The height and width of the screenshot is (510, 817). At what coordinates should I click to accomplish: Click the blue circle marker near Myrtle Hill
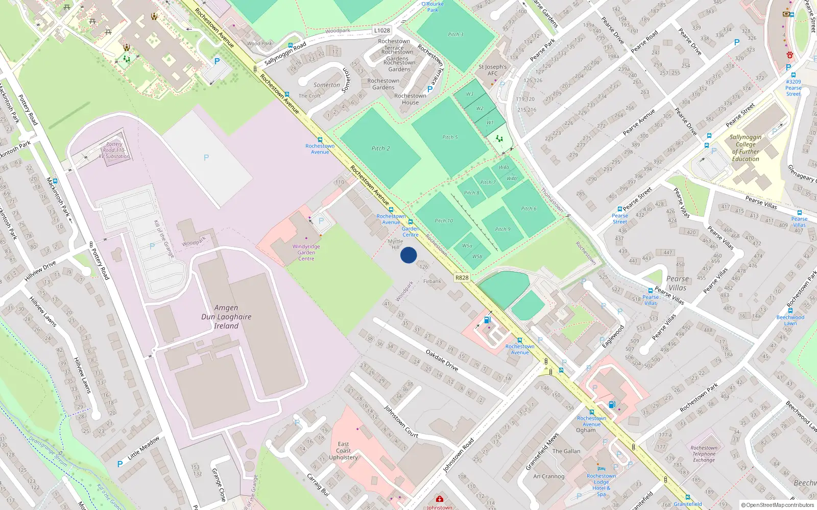408,255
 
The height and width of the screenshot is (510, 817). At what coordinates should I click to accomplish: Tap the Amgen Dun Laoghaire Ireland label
226,317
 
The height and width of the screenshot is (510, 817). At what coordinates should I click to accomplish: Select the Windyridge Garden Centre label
306,252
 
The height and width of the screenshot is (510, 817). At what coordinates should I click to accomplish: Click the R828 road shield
462,278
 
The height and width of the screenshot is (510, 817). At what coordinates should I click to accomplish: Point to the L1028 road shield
382,31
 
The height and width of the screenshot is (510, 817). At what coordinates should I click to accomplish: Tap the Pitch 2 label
380,148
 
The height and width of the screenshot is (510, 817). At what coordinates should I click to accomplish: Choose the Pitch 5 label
450,137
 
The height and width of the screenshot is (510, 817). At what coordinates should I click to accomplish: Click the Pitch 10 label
444,221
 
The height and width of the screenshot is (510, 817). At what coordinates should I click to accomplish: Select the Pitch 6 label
528,209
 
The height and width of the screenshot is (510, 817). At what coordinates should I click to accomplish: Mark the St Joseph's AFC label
493,70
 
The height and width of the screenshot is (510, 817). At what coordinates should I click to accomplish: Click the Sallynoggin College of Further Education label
746,148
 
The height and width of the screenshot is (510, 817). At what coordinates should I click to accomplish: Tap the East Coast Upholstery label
343,451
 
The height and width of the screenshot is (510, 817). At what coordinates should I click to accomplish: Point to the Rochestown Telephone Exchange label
704,454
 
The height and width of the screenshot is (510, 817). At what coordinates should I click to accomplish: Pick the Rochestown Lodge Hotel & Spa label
601,485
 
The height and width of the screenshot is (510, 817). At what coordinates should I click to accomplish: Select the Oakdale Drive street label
442,360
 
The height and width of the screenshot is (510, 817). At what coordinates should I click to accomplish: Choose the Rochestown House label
410,99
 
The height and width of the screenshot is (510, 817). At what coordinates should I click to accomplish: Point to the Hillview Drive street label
40,271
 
